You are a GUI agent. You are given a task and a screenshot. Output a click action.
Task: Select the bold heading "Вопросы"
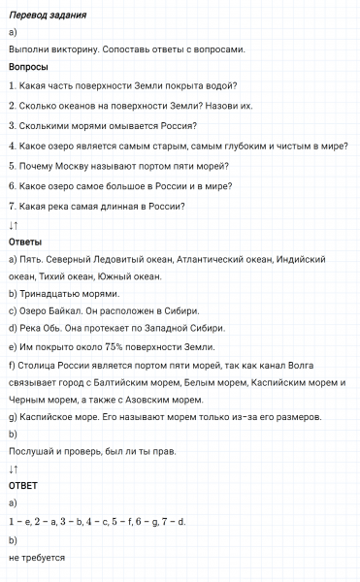(28, 67)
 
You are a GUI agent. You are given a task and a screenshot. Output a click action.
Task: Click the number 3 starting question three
(11, 126)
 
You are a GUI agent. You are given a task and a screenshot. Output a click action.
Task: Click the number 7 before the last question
(11, 206)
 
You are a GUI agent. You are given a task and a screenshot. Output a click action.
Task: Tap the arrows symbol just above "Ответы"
(14, 224)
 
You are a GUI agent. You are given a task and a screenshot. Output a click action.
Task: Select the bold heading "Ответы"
(25, 242)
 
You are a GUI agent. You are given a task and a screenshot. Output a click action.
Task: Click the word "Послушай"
(34, 451)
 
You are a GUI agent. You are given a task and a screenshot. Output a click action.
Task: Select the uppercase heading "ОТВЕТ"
(23, 486)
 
